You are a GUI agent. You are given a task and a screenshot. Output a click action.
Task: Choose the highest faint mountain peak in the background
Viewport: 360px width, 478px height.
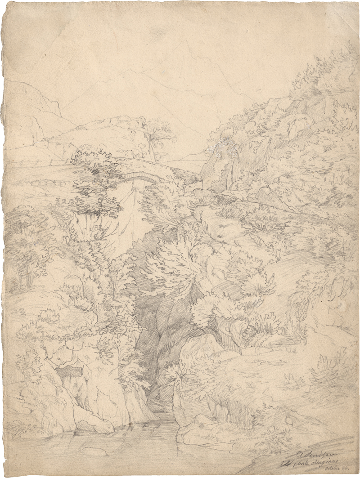pyautogui.click(x=187, y=43)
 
